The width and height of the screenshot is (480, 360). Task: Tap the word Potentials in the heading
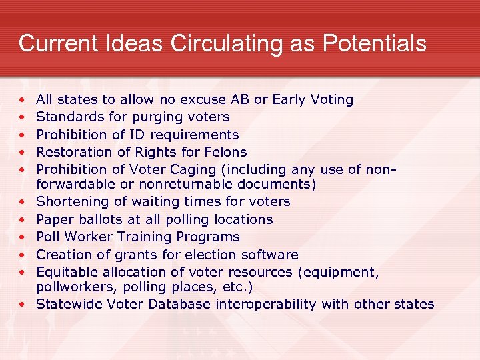(x=375, y=43)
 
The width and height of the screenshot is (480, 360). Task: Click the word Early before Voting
(x=291, y=99)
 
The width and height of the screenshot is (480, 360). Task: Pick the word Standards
(x=66, y=117)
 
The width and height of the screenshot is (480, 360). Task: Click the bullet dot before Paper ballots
(x=23, y=219)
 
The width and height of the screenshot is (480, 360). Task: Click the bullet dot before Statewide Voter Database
(x=23, y=305)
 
